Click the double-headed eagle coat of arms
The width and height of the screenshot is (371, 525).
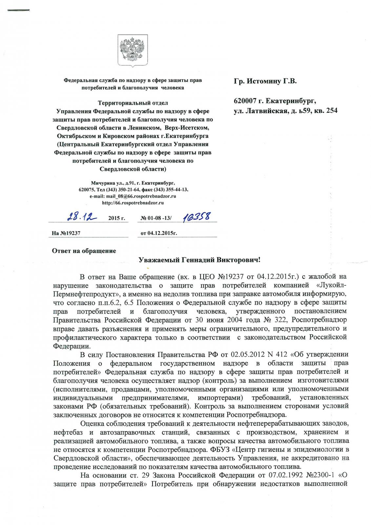tap(129, 50)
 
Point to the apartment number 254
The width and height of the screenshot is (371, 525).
tap(330, 111)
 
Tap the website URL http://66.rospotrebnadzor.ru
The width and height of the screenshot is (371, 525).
tap(133, 203)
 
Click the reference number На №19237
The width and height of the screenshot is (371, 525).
tap(66, 233)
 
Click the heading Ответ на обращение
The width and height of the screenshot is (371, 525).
tap(84, 251)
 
